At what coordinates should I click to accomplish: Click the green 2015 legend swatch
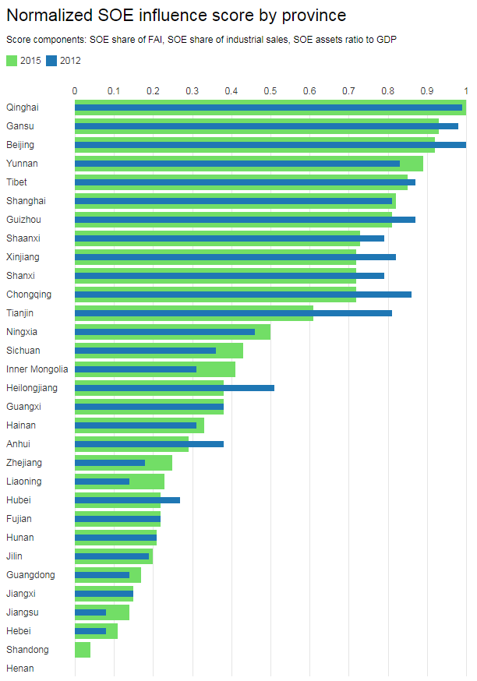pyautogui.click(x=12, y=61)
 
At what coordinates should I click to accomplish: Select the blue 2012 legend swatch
pyautogui.click(x=52, y=61)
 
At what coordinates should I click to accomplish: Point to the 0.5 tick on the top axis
pyautogui.click(x=270, y=91)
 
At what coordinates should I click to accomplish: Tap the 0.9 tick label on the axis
pyautogui.click(x=427, y=91)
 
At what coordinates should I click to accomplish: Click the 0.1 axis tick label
pyautogui.click(x=114, y=91)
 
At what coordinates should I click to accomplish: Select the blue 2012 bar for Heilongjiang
pyautogui.click(x=175, y=388)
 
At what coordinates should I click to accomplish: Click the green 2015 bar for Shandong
pyautogui.click(x=83, y=650)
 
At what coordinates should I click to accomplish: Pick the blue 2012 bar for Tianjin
pyautogui.click(x=233, y=313)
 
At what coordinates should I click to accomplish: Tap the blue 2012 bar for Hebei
pyautogui.click(x=90, y=631)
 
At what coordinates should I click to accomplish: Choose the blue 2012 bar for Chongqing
pyautogui.click(x=242, y=295)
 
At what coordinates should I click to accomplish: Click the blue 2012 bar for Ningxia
pyautogui.click(x=164, y=332)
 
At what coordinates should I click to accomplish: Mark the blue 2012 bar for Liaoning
pyautogui.click(x=102, y=482)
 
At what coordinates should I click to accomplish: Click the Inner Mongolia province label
pyautogui.click(x=37, y=369)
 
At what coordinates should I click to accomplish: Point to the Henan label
pyautogui.click(x=20, y=669)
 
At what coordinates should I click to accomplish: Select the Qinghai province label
pyautogui.click(x=23, y=108)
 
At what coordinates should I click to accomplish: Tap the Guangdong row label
pyautogui.click(x=30, y=575)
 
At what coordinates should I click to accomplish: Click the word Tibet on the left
pyautogui.click(x=16, y=182)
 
